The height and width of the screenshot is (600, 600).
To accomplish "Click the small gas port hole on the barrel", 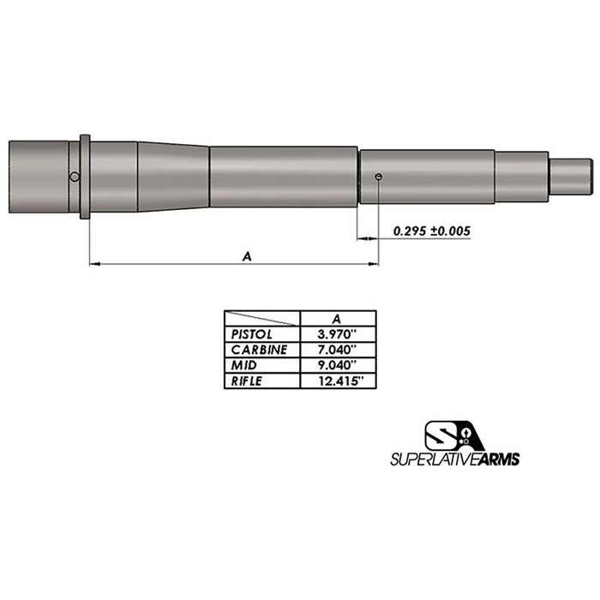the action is click(x=379, y=177).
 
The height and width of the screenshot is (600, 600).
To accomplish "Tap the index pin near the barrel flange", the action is click(x=75, y=177).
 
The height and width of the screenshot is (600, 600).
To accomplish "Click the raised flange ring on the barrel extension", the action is click(x=85, y=177).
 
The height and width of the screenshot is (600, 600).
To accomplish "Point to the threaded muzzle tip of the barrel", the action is click(x=572, y=177).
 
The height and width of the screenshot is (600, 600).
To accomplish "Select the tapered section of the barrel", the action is click(x=173, y=177).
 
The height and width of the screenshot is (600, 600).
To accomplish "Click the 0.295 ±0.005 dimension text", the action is click(x=432, y=231).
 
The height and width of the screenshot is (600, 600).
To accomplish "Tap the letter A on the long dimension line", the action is click(x=247, y=256).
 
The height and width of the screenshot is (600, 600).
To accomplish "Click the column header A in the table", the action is click(x=336, y=318).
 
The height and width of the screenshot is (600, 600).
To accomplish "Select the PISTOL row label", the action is click(x=251, y=334).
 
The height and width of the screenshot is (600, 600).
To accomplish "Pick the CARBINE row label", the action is click(x=259, y=350).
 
